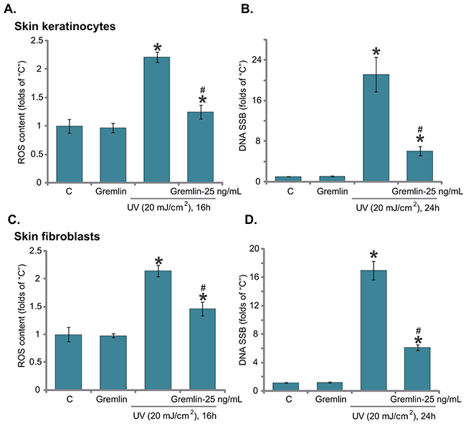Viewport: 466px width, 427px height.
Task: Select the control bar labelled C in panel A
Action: [70, 154]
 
